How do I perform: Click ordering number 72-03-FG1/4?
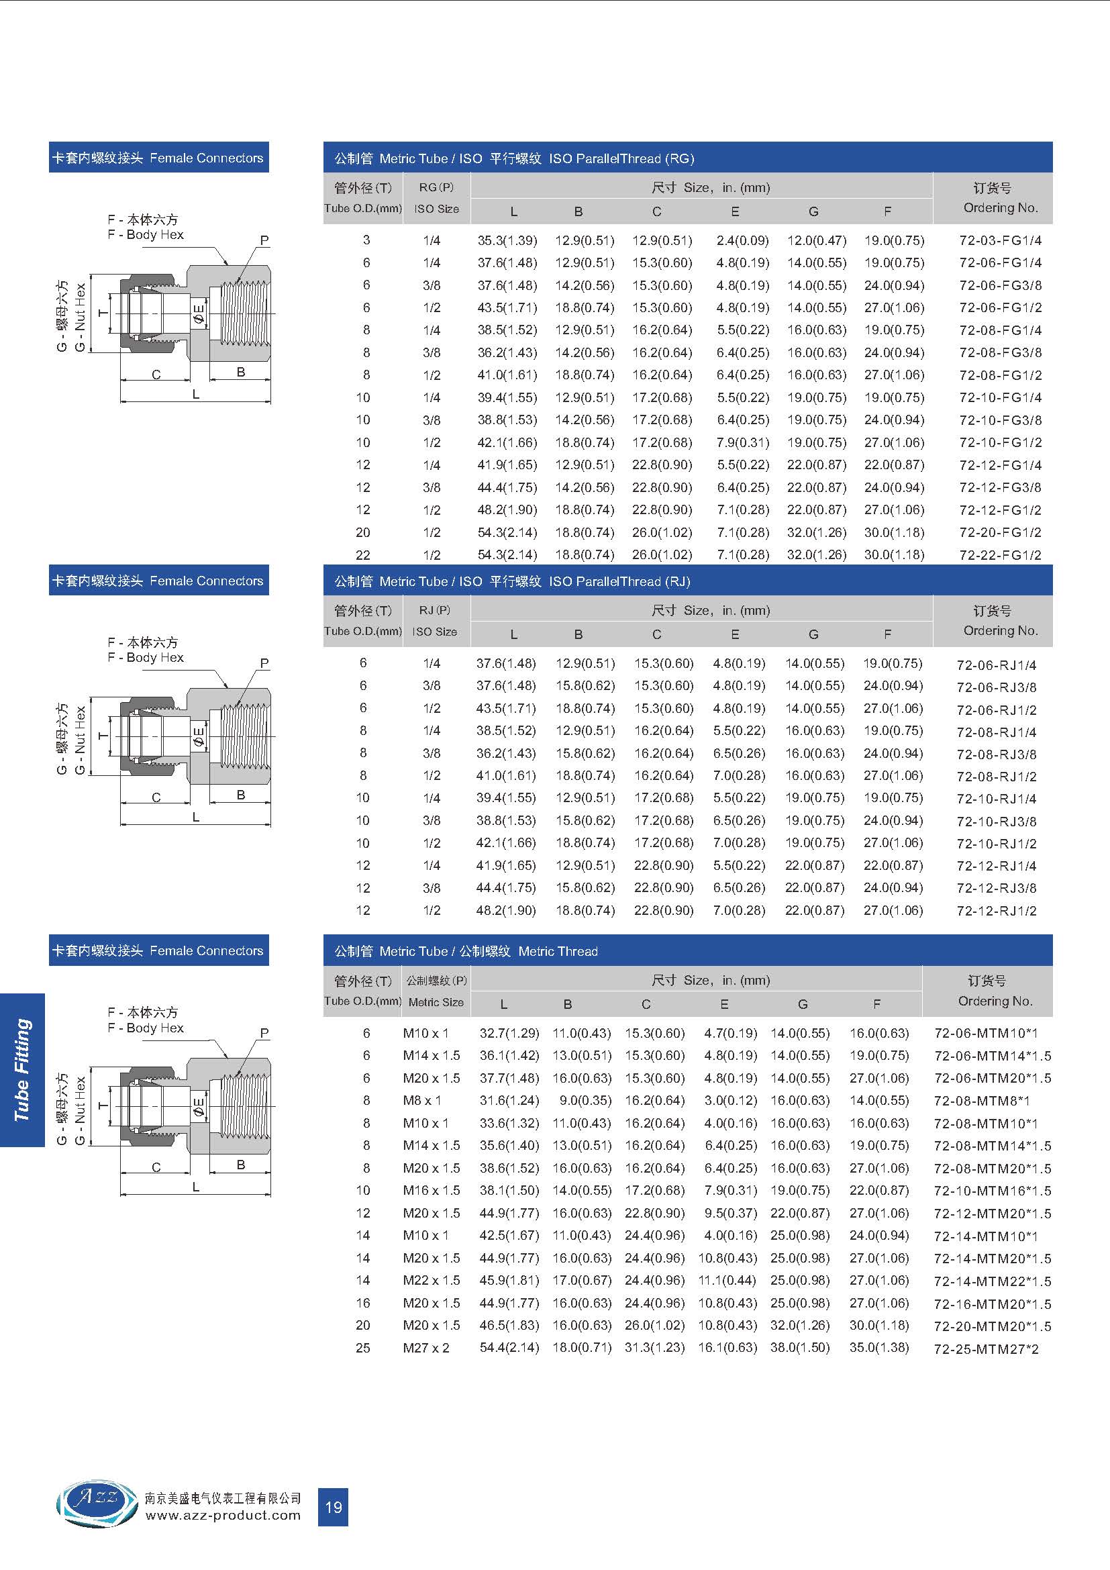click(1000, 241)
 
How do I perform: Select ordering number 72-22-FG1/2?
click(1000, 555)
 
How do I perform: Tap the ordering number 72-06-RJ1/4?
click(997, 665)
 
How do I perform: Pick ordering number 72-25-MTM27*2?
click(987, 1349)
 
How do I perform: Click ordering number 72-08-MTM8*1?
click(982, 1101)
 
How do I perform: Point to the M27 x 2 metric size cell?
click(426, 1348)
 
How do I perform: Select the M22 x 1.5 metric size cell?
click(432, 1280)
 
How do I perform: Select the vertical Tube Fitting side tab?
click(23, 1070)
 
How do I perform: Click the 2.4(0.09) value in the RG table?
click(742, 241)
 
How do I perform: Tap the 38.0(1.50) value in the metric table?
click(800, 1348)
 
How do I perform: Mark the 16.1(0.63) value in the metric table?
click(727, 1348)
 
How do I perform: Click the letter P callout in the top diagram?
click(264, 241)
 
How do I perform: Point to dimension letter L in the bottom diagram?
click(196, 1187)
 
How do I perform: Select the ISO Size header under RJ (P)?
click(435, 632)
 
